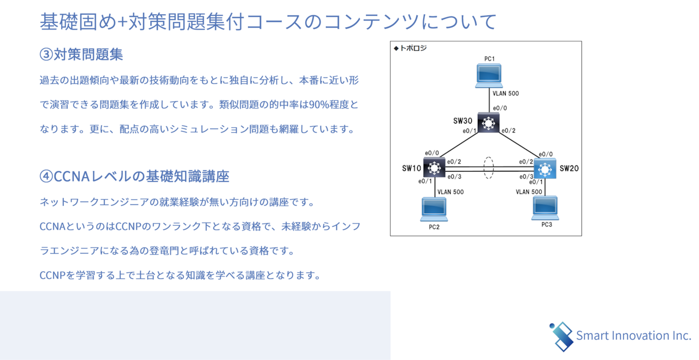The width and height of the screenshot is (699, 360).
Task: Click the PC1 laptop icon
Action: (489, 76)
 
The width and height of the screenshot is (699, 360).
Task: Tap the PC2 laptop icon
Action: (434, 209)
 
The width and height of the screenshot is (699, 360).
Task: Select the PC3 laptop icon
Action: (545, 208)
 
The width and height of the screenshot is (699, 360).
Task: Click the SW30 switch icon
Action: (488, 122)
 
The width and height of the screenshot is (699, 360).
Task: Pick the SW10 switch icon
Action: (434, 167)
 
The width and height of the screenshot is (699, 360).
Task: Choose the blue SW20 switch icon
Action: (545, 169)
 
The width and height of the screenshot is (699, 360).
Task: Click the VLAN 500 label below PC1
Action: (506, 93)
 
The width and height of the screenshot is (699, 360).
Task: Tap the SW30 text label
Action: (463, 121)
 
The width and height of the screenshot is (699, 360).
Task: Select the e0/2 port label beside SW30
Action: (508, 131)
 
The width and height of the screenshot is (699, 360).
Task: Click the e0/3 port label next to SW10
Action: (454, 176)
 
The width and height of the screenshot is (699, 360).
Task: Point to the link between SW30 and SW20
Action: (519, 145)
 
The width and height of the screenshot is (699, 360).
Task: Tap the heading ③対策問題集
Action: (81, 54)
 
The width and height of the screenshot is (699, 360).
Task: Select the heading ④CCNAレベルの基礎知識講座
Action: (134, 176)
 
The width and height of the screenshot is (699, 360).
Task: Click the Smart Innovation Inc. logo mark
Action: (561, 337)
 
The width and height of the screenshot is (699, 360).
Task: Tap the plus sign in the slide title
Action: (122, 22)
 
